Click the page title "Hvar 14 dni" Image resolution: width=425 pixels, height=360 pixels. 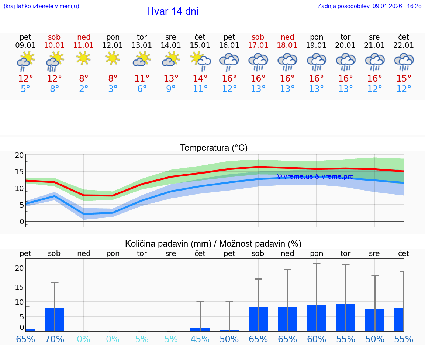pyautogui.click(x=172, y=11)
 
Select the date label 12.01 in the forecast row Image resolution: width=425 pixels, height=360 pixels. pyautogui.click(x=113, y=45)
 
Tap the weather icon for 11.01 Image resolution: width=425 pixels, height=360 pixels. pyautogui.click(x=84, y=58)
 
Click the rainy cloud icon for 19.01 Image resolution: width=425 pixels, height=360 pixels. pyautogui.click(x=317, y=61)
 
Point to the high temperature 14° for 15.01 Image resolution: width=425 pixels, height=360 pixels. pyautogui.click(x=200, y=79)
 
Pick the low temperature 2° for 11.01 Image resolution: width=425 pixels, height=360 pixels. pyautogui.click(x=84, y=89)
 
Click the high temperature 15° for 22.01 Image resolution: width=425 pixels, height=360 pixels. pyautogui.click(x=404, y=79)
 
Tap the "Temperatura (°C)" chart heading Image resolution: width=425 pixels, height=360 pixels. pyautogui.click(x=214, y=148)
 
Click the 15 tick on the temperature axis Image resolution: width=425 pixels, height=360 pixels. pyautogui.click(x=19, y=172)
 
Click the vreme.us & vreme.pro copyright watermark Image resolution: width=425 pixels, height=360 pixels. pyautogui.click(x=315, y=176)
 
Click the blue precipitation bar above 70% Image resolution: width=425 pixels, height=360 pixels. pyautogui.click(x=55, y=319)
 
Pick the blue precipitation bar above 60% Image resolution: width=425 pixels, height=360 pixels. pyautogui.click(x=317, y=318)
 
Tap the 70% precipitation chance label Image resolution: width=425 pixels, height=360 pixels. pyautogui.click(x=55, y=339)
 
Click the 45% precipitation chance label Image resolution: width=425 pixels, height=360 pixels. pyautogui.click(x=200, y=339)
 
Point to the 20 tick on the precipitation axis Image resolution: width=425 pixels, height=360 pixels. pyautogui.click(x=19, y=268)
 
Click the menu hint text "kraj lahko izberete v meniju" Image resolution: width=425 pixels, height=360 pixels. pyautogui.click(x=41, y=6)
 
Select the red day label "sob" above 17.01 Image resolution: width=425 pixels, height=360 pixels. pyautogui.click(x=258, y=37)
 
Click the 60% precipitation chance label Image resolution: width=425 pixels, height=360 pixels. pyautogui.click(x=317, y=339)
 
